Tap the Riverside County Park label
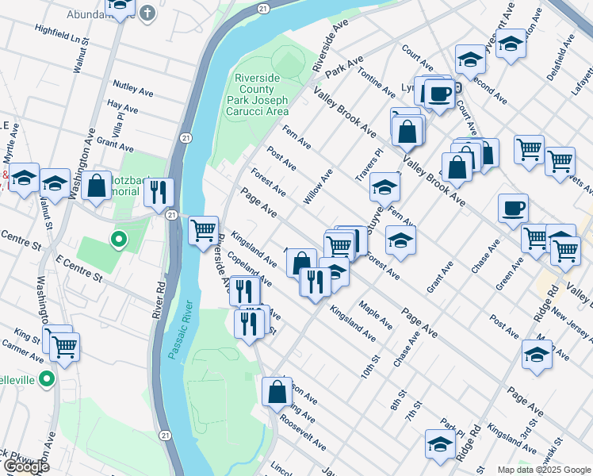click(261, 94)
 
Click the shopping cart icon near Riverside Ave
click(203, 230)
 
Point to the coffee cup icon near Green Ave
click(512, 209)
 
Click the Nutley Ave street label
click(133, 88)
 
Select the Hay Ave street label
click(122, 107)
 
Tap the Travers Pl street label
click(369, 163)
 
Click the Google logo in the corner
click(25, 466)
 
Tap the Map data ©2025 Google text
click(543, 470)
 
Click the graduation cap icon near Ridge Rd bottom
click(438, 443)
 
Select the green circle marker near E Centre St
click(118, 238)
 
